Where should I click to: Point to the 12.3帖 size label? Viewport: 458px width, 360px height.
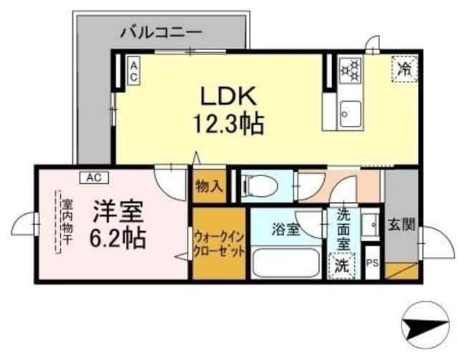click(227, 125)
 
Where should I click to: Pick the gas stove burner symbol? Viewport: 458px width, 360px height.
click(350, 71)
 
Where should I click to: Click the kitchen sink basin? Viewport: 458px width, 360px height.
click(350, 113)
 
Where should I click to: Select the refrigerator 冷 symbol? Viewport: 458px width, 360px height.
click(404, 69)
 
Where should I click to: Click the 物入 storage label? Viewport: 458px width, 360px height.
click(209, 188)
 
